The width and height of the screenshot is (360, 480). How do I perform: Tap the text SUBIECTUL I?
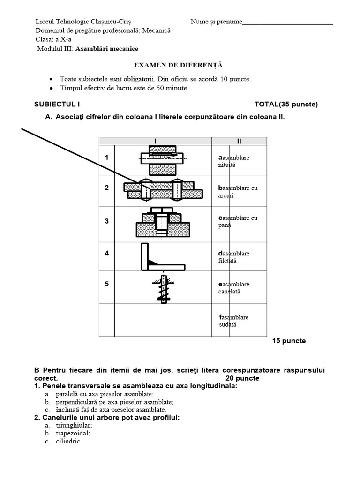coord(60,104)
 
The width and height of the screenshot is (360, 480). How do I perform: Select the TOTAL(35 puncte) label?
coord(286,104)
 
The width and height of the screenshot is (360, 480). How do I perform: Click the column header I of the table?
coord(155,141)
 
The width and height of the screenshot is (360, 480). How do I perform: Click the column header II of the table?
coord(239,141)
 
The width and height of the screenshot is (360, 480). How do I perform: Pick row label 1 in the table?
coord(107,157)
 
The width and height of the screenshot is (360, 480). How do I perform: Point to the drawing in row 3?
coord(163,223)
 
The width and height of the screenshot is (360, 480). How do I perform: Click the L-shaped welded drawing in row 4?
coord(159,257)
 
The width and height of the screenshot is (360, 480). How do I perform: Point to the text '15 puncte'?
coord(289,341)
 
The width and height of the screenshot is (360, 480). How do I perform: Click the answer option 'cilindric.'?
coord(69,442)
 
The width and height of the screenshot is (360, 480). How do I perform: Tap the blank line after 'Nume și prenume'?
coord(288,22)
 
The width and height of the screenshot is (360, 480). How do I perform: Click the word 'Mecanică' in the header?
coord(157,30)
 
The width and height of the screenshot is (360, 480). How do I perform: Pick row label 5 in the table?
coord(107,284)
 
